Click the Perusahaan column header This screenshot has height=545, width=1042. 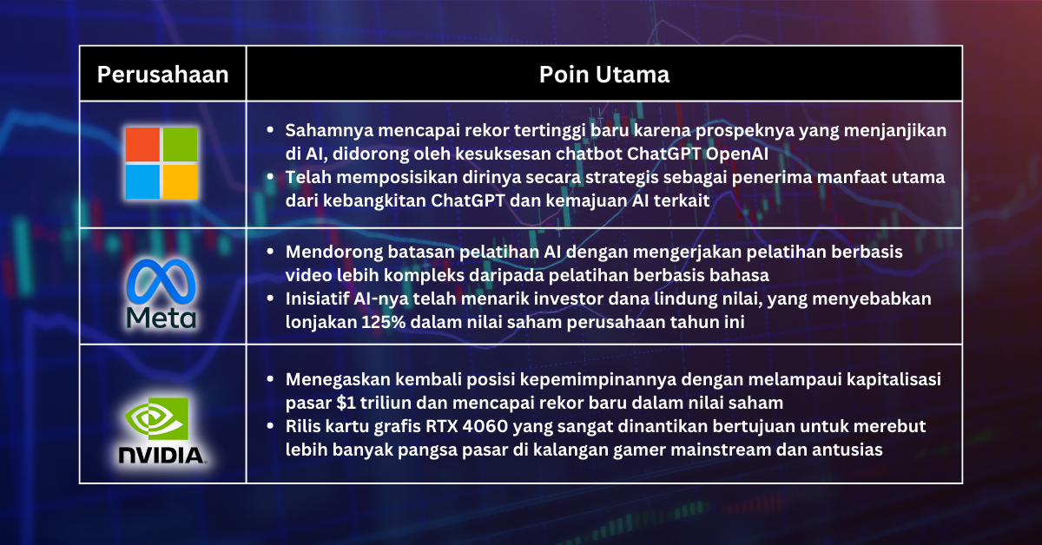(162, 75)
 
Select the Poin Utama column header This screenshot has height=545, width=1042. (603, 75)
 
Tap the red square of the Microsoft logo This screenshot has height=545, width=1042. (142, 144)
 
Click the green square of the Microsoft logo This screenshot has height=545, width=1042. (181, 144)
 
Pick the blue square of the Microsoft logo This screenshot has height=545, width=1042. (142, 181)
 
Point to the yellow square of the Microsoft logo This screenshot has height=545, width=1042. (181, 181)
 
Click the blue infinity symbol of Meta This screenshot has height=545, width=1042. (162, 281)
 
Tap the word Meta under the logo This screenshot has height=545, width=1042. (162, 317)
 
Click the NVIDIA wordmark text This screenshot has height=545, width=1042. (162, 454)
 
